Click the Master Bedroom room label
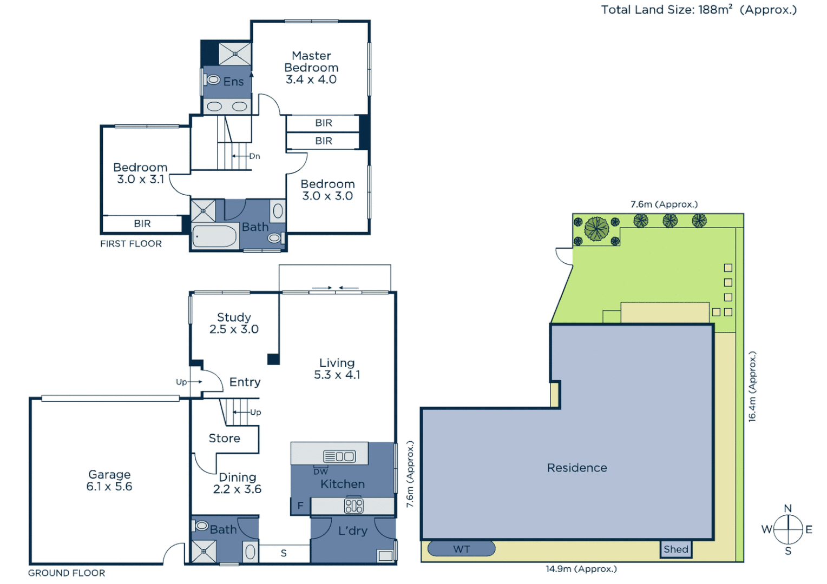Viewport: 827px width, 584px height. [x=311, y=68]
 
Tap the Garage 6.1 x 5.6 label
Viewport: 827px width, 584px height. [x=109, y=480]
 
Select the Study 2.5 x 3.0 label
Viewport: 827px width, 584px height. [x=234, y=323]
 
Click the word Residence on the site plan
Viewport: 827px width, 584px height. [x=577, y=468]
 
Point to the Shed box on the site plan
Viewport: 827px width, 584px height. [x=675, y=549]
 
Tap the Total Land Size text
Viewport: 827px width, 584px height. [x=698, y=10]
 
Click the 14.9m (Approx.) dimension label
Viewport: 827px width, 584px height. [x=581, y=569]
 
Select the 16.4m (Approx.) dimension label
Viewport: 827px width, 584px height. [x=752, y=386]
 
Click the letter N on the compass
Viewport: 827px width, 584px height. [x=788, y=508]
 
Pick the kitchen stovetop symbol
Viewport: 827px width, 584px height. [x=353, y=506]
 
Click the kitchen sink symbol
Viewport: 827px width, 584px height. [x=339, y=456]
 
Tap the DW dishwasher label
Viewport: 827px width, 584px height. [x=320, y=472]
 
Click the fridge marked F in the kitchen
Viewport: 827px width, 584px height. [x=300, y=506]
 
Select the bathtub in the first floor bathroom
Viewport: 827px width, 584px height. [x=214, y=236]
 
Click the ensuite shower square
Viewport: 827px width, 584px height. [x=235, y=54]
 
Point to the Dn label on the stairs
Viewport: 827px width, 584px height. [x=254, y=156]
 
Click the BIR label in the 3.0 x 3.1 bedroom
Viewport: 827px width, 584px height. [x=142, y=224]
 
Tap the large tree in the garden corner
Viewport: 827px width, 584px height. [x=596, y=229]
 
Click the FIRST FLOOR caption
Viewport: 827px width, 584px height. [x=131, y=244]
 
